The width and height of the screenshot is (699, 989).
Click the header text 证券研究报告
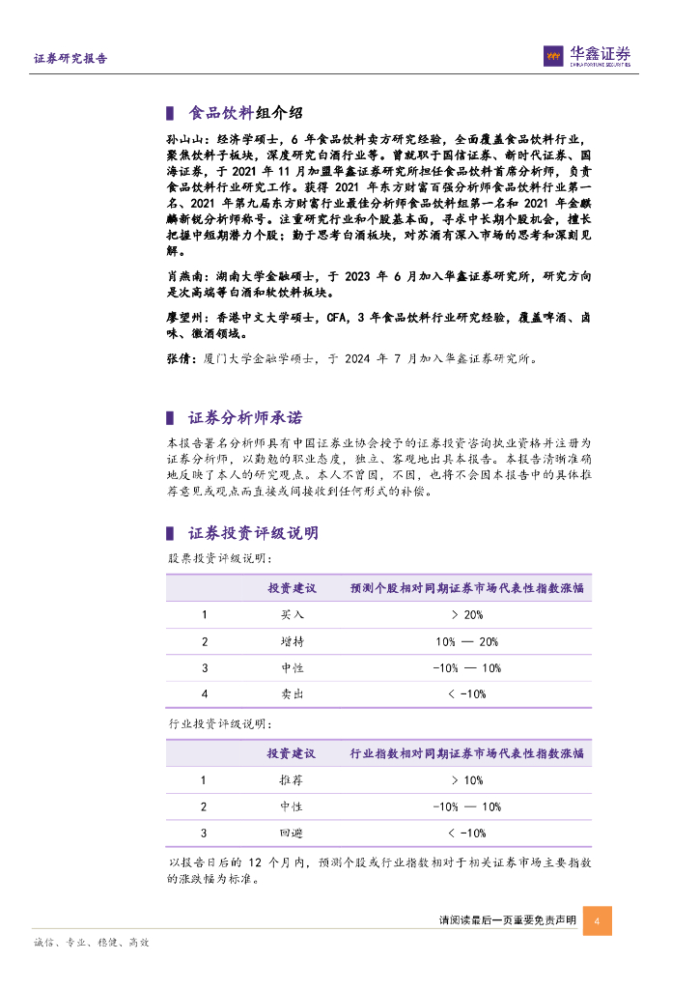pos(70,59)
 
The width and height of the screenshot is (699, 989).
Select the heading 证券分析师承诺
pos(244,418)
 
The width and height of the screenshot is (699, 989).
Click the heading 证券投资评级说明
pos(252,533)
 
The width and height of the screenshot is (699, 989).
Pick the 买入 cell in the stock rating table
pos(292,615)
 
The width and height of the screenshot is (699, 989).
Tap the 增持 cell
pos(292,641)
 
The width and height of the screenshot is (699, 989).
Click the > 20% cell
pos(466,615)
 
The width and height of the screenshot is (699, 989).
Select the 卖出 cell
pos(292,693)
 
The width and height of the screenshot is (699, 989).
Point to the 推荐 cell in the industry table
pos(292,780)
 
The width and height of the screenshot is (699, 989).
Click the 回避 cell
pos(292,833)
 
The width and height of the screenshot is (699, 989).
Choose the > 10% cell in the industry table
pos(466,780)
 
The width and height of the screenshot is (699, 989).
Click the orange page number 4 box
pos(598,920)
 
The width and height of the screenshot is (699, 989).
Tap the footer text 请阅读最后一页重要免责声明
pos(507,921)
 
